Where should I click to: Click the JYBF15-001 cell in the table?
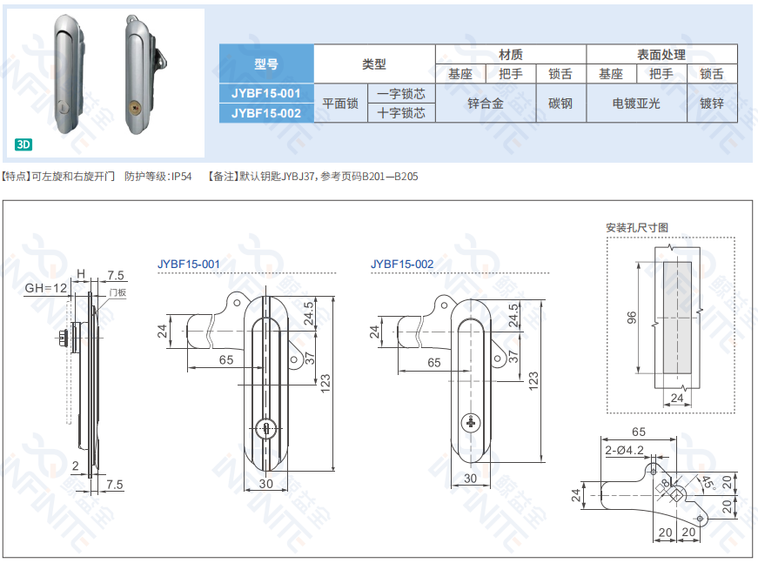265,93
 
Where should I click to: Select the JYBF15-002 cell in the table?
265,113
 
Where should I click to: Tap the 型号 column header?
265,64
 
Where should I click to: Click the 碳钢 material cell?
560,104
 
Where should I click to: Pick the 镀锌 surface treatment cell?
711,104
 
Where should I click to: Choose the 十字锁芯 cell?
401,113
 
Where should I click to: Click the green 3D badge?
23,144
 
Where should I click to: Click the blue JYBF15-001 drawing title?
188,263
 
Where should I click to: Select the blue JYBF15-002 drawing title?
401,263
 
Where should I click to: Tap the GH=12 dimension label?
45,288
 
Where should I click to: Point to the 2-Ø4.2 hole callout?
624,450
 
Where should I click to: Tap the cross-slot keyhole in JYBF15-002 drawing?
471,423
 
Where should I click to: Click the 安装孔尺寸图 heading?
637,227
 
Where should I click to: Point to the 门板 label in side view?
117,293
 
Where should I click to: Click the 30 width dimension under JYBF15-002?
469,478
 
